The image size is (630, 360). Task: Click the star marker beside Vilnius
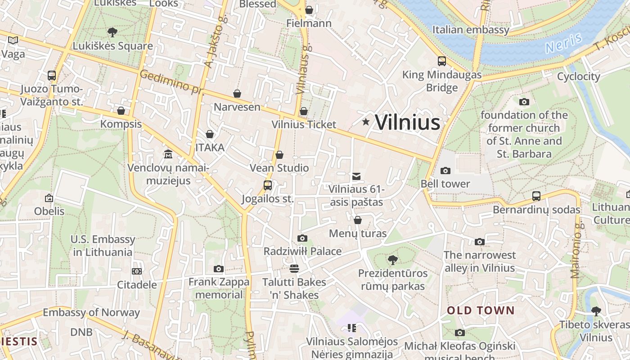[x=366, y=121]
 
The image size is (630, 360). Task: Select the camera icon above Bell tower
[x=445, y=171]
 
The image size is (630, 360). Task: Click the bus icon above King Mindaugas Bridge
[x=442, y=61]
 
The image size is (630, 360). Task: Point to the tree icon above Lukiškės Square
[x=112, y=32]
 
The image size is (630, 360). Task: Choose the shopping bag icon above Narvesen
[x=237, y=94]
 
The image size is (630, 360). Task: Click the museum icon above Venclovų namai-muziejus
[x=168, y=154]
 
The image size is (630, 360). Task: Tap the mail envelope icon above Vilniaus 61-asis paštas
[x=356, y=176]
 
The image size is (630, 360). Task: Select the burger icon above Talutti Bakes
[x=294, y=269]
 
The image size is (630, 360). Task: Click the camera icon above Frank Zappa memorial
[x=219, y=269]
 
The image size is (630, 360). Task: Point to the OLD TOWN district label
[x=480, y=310]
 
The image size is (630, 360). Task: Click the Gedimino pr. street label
[x=171, y=82]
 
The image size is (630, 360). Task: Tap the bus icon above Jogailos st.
[x=268, y=185]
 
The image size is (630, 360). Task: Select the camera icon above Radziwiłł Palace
[x=302, y=238]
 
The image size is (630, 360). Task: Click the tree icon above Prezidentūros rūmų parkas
[x=393, y=260]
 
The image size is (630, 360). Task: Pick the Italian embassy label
[x=471, y=30]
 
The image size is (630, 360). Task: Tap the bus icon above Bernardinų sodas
[x=536, y=196]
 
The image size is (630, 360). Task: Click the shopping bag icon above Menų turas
[x=358, y=220]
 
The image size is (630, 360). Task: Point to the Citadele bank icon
[x=137, y=271]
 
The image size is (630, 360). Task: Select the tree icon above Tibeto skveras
[x=596, y=311]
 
